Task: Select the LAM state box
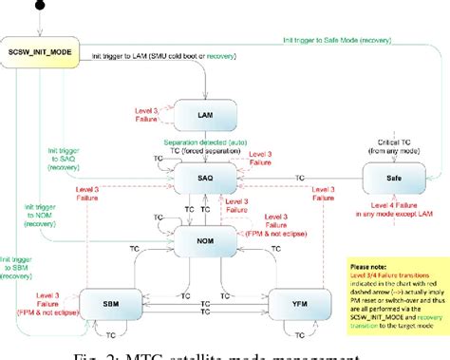[x=203, y=114]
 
